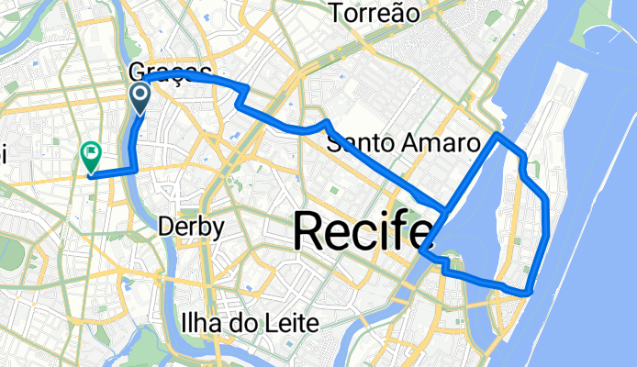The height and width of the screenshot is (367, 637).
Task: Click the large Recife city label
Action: pyautogui.click(x=363, y=231)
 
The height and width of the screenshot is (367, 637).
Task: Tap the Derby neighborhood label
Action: pyautogui.click(x=190, y=226)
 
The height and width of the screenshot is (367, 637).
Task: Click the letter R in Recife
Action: pyautogui.click(x=309, y=231)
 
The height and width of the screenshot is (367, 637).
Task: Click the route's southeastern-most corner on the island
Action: pyautogui.click(x=530, y=293)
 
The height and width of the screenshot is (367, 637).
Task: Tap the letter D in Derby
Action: pyautogui.click(x=166, y=226)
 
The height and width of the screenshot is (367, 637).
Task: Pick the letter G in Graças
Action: pyautogui.click(x=139, y=72)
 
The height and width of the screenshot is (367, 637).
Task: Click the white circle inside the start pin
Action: pyautogui.click(x=140, y=93)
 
